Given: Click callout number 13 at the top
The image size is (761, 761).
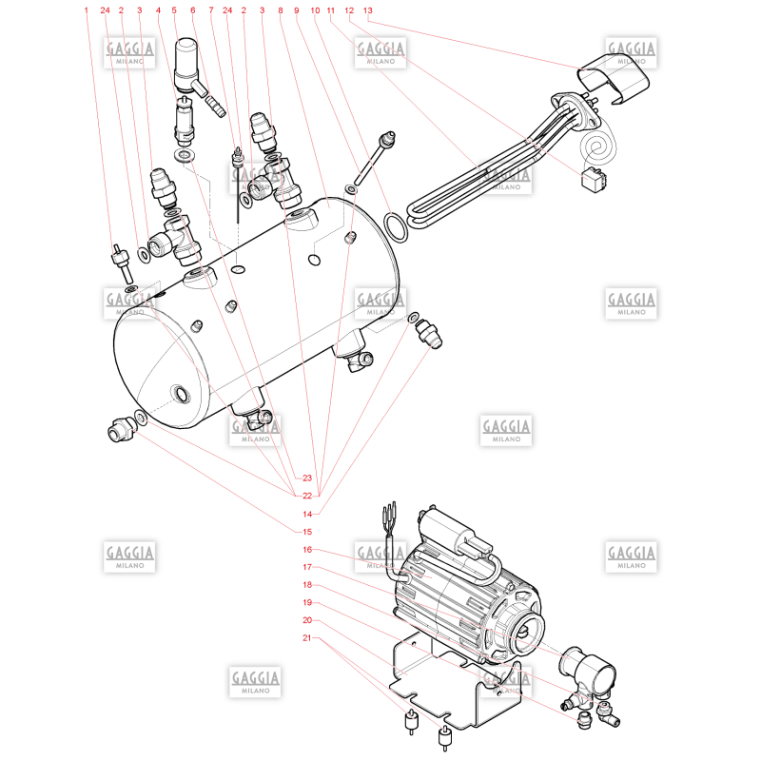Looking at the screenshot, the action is coord(368,10).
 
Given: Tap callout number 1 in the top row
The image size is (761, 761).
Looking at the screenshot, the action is coord(87,10).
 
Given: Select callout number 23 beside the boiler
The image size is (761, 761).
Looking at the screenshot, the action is coord(307,478).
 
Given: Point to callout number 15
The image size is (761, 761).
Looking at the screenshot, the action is coord(307,532).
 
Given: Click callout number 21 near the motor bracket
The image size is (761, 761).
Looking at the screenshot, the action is coord(307,637).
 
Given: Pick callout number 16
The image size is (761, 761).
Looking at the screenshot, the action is coord(307,550).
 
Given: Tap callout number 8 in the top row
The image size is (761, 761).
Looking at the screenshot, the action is coord(280,10).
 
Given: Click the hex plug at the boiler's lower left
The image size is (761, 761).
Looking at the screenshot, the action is coord(121,429).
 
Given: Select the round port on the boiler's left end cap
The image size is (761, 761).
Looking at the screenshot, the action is coord(181,394).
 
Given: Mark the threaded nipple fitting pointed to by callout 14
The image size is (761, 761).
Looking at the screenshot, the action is coord(429,333).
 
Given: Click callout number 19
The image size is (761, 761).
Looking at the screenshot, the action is coord(307,602).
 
